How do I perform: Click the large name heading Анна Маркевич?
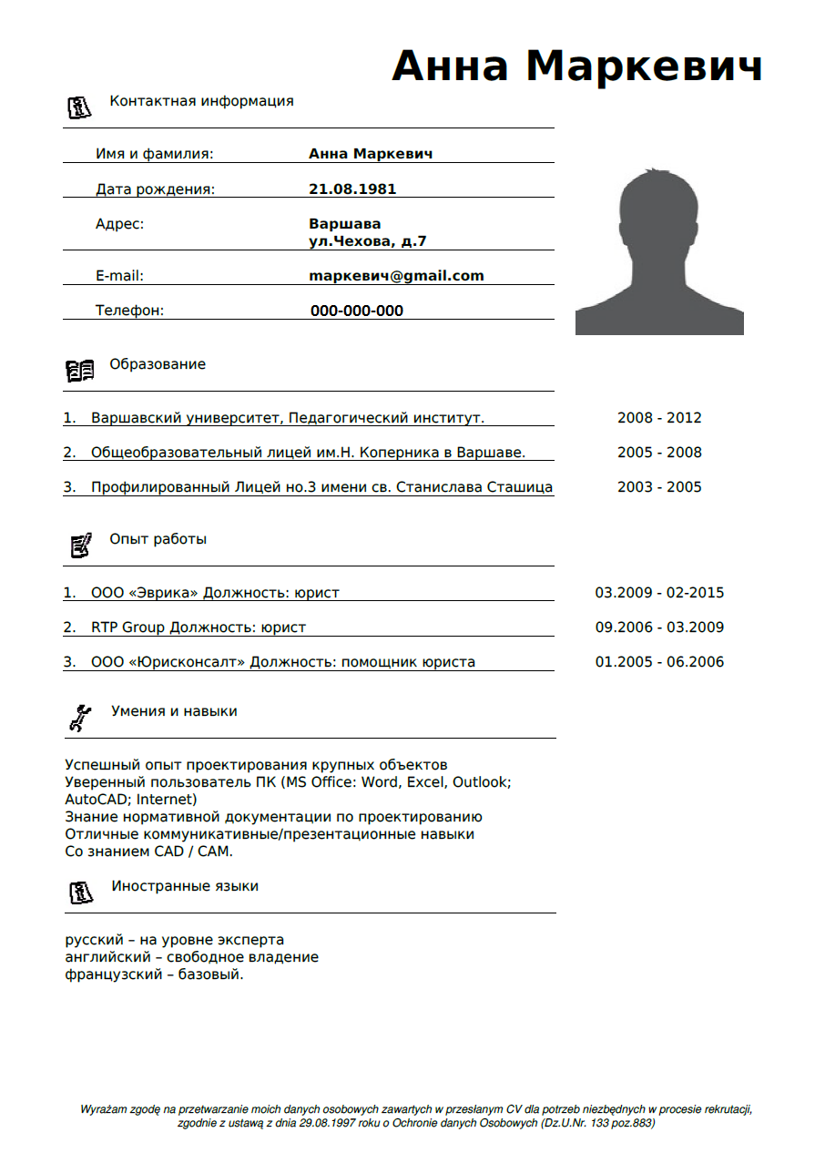(576, 66)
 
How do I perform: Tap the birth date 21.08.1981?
(352, 189)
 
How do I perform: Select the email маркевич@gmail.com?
(396, 276)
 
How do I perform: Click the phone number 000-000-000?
(356, 311)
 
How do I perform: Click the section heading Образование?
(158, 364)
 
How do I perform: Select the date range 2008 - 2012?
(659, 418)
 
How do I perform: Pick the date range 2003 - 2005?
(659, 487)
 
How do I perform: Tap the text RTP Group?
(127, 627)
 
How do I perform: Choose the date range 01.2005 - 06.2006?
(659, 662)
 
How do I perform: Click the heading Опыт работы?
(158, 539)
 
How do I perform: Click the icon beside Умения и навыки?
(80, 718)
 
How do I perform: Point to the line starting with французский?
(154, 974)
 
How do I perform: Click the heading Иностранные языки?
(185, 886)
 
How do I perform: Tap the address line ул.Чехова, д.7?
(367, 241)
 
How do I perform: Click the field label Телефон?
(129, 311)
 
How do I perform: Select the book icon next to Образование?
(80, 371)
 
